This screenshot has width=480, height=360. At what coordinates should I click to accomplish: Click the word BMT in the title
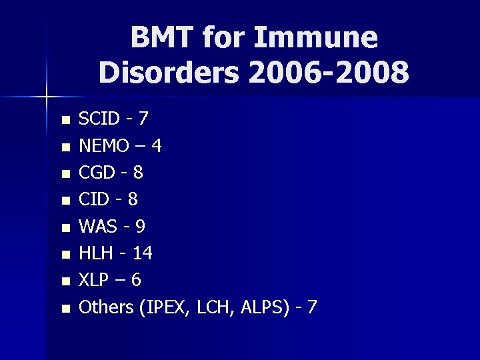pos(160,38)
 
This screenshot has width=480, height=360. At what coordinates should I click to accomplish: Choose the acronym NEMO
pos(103,145)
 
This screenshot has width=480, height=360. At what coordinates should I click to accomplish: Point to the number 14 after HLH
pos(142,253)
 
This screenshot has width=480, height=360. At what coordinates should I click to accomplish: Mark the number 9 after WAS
pos(139,227)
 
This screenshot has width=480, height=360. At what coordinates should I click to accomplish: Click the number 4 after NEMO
pos(155,145)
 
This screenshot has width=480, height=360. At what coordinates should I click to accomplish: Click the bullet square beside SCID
pos(65,121)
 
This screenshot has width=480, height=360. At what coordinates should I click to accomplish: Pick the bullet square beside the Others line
pos(65,309)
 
